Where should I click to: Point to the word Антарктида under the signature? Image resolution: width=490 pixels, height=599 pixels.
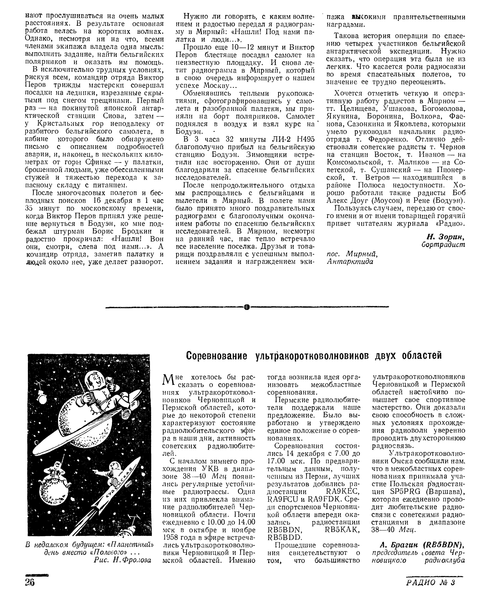350,262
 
